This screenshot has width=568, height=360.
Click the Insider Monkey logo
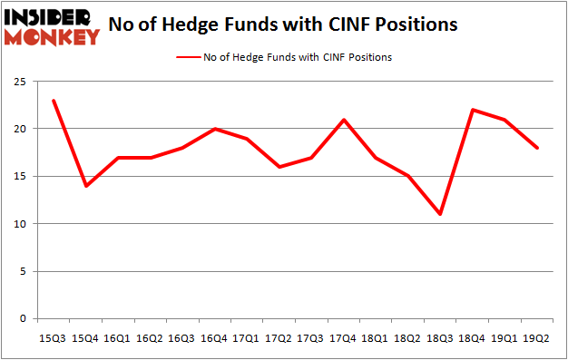[x=52, y=26]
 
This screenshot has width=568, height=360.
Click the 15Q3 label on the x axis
[x=54, y=337]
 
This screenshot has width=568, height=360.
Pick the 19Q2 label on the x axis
[x=537, y=337]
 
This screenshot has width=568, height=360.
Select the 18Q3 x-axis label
[x=440, y=337]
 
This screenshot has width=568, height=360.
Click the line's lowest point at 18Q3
[x=440, y=214]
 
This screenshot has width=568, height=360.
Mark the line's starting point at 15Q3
[x=54, y=100]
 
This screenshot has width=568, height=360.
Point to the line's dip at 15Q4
[x=86, y=186]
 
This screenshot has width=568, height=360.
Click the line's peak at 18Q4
[x=473, y=110]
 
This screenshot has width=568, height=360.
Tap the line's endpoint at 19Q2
[x=537, y=148]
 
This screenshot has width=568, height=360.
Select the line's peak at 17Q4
[x=344, y=119]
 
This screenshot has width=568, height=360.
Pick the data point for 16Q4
[x=215, y=129]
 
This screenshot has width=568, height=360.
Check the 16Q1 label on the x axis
[x=118, y=337]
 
